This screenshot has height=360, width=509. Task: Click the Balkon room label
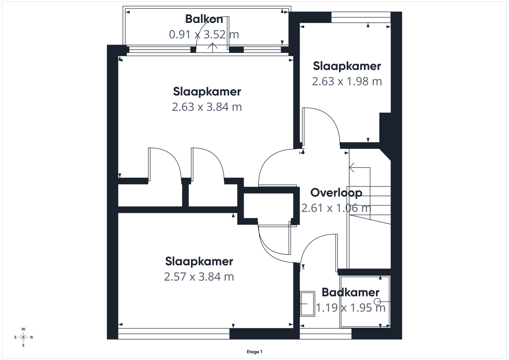tap(204, 19)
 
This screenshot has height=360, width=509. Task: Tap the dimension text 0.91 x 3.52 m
tap(204, 35)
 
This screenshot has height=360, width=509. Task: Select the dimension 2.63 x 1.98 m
tap(347, 82)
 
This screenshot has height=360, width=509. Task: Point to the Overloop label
tap(336, 193)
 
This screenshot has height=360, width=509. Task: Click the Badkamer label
tap(351, 292)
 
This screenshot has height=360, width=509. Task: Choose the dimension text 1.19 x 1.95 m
tap(351, 308)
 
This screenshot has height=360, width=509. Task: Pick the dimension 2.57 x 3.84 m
tap(199, 277)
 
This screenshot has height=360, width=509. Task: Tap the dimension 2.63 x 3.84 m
tap(207, 107)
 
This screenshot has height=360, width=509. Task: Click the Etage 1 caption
tap(254, 352)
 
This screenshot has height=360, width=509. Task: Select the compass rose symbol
tap(23, 337)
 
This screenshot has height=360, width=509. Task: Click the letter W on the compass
tap(23, 329)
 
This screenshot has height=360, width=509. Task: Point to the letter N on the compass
tap(31, 337)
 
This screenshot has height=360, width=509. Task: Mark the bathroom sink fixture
tap(307, 304)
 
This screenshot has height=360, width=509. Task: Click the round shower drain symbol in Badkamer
tap(377, 302)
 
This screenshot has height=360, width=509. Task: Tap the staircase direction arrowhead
tap(351, 168)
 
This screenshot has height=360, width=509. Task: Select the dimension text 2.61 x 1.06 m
tap(336, 208)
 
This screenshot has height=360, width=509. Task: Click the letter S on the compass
tap(15, 337)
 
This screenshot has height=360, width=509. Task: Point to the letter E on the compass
tap(23, 345)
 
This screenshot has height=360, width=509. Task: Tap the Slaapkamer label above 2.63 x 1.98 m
tap(347, 66)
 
